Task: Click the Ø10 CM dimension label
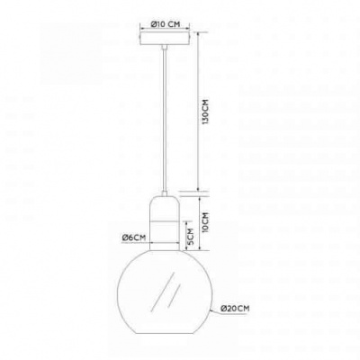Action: point(166,24)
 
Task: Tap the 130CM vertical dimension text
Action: point(206,112)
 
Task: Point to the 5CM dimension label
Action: point(191,237)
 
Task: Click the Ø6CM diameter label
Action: point(134,238)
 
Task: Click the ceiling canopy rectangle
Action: point(166,39)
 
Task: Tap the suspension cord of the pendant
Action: point(164,120)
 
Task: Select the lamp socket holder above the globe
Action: point(166,223)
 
